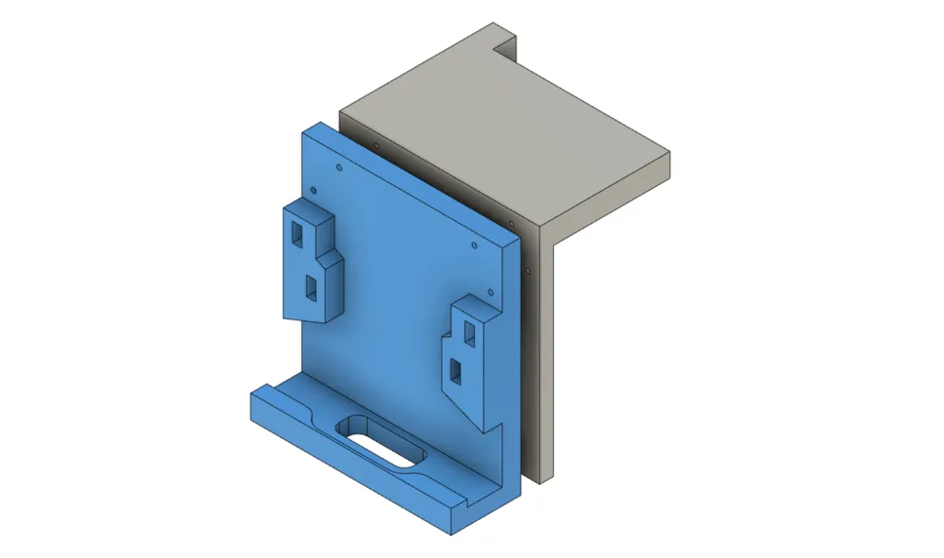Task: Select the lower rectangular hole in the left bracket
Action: [311, 284]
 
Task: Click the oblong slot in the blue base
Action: [381, 441]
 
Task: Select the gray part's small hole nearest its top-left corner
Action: [376, 146]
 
